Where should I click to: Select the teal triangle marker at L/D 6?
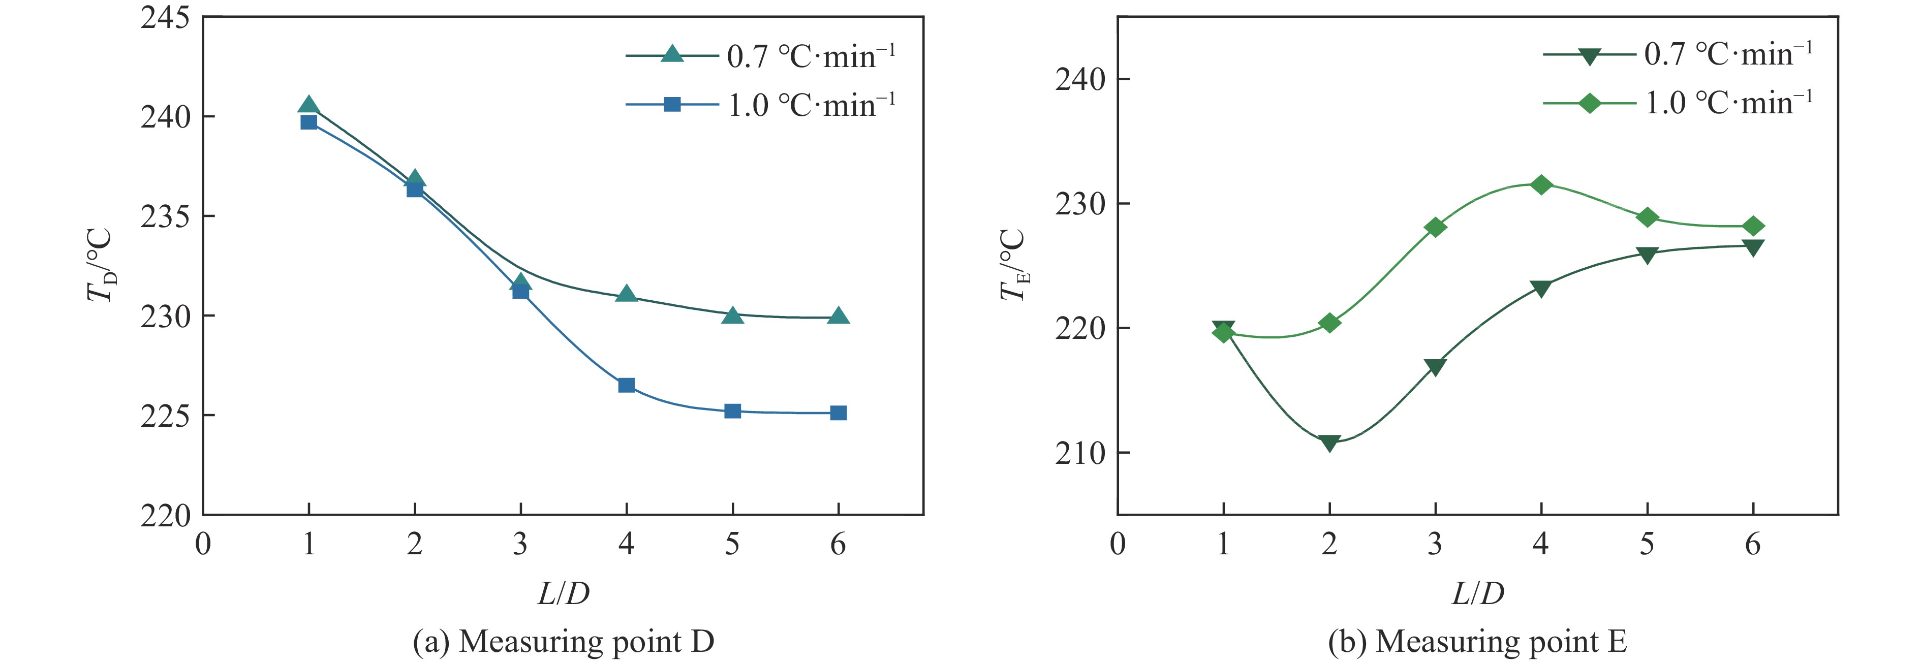[x=838, y=316]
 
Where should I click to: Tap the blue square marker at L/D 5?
[x=732, y=411]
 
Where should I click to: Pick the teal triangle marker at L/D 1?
[x=309, y=106]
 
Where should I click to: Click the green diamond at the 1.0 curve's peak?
[x=1541, y=185]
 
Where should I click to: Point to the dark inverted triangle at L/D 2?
[x=1329, y=443]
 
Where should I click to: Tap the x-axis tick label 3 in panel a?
[x=520, y=544]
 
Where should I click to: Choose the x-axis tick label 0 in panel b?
[x=1117, y=544]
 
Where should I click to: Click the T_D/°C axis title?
[x=101, y=265]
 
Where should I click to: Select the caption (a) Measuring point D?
[x=563, y=641]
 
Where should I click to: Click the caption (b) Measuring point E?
[x=1477, y=641]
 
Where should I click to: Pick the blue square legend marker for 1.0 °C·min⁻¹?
[x=672, y=104]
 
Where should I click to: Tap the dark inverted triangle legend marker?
[x=1589, y=56]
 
